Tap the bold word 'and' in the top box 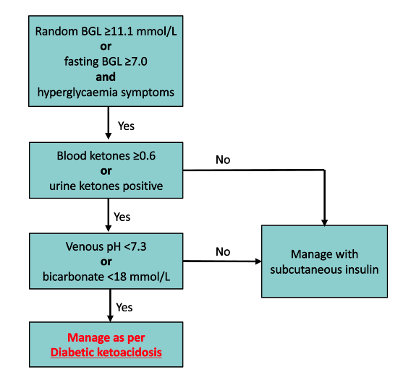point(107,77)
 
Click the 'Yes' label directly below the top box point(126,126)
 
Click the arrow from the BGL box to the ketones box point(108,124)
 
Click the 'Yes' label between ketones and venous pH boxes point(122,216)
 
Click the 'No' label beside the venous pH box point(223,251)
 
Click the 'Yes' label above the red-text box point(124,307)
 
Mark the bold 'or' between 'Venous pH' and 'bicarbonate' point(107,261)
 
